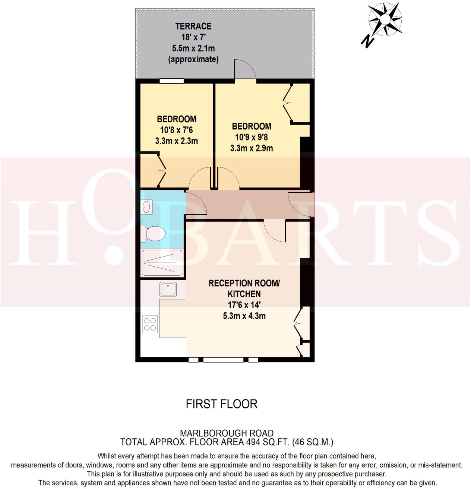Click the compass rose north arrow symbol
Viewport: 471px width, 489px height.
(385, 19)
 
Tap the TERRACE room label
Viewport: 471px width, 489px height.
(193, 26)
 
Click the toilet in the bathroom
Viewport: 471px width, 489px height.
(154, 234)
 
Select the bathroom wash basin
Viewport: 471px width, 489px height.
(147, 207)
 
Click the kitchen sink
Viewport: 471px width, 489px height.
(168, 289)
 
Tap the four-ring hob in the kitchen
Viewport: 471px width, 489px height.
(150, 324)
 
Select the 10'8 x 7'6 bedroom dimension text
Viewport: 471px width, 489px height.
(176, 130)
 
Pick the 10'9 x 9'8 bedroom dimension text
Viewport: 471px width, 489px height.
(252, 137)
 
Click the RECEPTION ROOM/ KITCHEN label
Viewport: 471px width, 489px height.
(244, 288)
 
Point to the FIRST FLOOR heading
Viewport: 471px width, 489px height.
(222, 404)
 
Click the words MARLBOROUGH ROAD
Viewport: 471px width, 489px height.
(227, 433)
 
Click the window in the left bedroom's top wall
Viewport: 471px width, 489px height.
(171, 81)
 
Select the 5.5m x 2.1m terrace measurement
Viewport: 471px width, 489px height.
(193, 48)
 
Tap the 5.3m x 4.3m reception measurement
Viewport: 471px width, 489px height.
(244, 316)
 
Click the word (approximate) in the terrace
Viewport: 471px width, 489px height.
(193, 59)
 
